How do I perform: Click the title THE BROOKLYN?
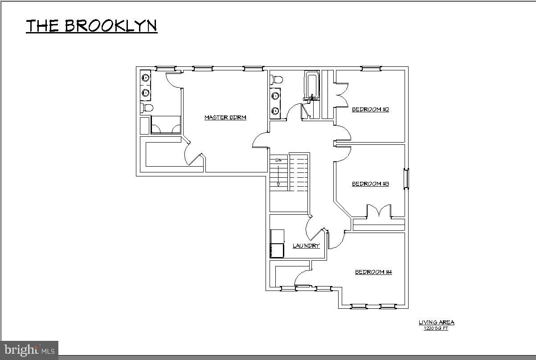[91, 26]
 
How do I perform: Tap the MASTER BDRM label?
[225, 118]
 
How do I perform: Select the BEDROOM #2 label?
[370, 110]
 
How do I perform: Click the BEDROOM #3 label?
[370, 184]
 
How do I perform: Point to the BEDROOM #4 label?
[373, 272]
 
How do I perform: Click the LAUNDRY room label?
[306, 246]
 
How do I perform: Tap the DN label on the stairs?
[278, 160]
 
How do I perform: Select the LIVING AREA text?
[436, 323]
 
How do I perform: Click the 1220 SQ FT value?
[436, 328]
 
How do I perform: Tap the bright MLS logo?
[29, 350]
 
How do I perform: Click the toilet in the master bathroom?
[147, 108]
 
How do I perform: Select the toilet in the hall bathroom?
[277, 80]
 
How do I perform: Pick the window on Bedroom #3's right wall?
[406, 179]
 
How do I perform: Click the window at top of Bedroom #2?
[371, 68]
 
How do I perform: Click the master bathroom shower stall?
[166, 125]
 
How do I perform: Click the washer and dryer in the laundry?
[277, 244]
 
